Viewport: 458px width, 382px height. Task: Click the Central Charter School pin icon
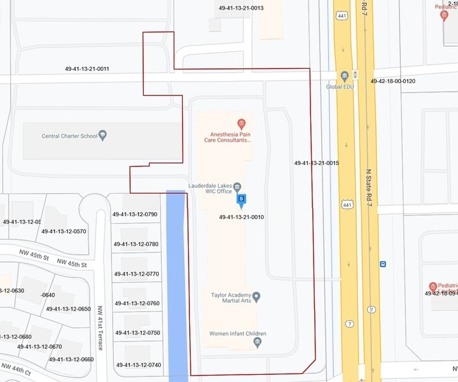coord(103,136)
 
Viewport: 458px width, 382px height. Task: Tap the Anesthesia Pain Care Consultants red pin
coord(241,123)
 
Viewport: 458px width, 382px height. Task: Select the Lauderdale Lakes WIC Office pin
coord(237,187)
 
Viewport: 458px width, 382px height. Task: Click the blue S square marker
coord(241,199)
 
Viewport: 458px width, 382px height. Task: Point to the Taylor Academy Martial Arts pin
coord(256,298)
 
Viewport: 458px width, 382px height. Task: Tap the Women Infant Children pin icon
coord(258,342)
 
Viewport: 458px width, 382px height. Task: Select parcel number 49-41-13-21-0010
coord(241,217)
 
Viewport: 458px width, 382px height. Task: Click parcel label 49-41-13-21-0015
coord(316,163)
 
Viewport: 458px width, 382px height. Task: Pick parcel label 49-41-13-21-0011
coord(87,69)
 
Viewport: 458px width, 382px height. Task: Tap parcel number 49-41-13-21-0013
coord(241,8)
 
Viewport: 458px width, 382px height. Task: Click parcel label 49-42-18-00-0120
coord(392,81)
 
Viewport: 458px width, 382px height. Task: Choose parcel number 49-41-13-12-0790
coord(135,214)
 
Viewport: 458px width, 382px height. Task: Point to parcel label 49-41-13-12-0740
coord(137,365)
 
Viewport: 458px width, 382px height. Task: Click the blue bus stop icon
coord(383,264)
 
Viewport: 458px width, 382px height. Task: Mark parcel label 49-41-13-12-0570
coord(64,231)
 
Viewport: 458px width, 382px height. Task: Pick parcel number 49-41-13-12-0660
coord(71,359)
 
